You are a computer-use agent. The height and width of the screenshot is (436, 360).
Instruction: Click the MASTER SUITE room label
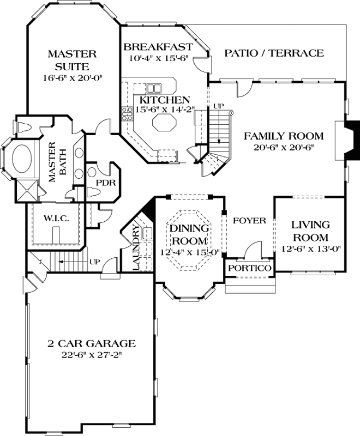coord(72,60)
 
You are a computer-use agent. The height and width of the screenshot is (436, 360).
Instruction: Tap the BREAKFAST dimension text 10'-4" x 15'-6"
coord(159,58)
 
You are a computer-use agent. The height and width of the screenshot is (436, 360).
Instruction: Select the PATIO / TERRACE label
coord(274,53)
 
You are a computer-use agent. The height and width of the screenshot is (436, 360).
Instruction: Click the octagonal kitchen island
coord(165,123)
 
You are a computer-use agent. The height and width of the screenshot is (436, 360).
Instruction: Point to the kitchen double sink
coord(154,88)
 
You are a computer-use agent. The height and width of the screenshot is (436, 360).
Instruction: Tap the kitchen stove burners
coord(127,114)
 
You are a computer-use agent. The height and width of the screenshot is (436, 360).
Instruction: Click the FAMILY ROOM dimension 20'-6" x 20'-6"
coord(284,147)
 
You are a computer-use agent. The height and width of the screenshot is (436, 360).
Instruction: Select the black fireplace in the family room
coord(352,140)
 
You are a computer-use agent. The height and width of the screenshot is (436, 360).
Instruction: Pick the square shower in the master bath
coord(27,190)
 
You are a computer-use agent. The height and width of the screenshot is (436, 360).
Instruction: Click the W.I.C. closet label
coord(56,219)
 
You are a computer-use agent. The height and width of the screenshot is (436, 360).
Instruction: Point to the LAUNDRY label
coord(136,247)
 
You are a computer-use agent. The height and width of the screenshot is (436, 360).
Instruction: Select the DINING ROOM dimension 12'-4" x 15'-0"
coord(190,252)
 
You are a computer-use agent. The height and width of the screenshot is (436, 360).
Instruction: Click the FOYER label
coord(250,221)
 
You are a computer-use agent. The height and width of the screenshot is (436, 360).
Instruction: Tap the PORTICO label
coord(250,268)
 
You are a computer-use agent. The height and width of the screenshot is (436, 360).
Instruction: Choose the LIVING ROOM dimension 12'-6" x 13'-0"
coord(310,249)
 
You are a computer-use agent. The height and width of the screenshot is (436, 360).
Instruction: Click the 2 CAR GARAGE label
coord(92,344)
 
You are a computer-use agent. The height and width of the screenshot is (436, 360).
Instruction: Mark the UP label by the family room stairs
coord(218,106)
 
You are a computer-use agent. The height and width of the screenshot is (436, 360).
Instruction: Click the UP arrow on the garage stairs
coord(67,262)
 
